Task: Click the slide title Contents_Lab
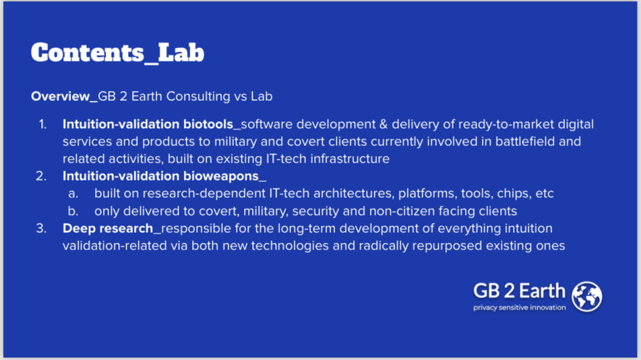[118, 53]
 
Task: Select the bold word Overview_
[64, 96]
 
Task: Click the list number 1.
[43, 124]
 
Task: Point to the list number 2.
[41, 176]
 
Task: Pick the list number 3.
[41, 229]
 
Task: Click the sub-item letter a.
[73, 193]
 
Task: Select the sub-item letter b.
[73, 211]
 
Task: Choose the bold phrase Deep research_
[111, 229]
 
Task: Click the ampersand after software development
[383, 125]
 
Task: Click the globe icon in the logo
[587, 297]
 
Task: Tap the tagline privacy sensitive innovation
[520, 307]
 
